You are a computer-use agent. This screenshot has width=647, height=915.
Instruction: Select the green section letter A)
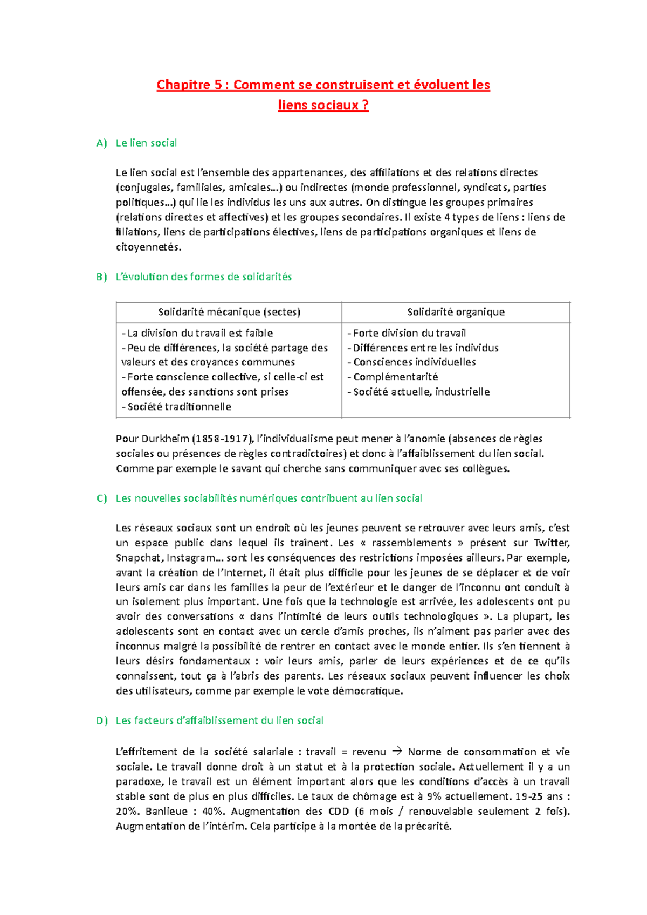pos(101,143)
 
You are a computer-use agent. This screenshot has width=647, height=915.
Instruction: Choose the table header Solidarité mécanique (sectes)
pos(229,312)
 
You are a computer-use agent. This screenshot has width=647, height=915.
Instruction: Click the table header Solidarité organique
pos(456,312)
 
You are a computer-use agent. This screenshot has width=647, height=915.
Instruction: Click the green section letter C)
pos(101,498)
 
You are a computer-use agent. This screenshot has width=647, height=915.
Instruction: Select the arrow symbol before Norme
pos(397,751)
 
